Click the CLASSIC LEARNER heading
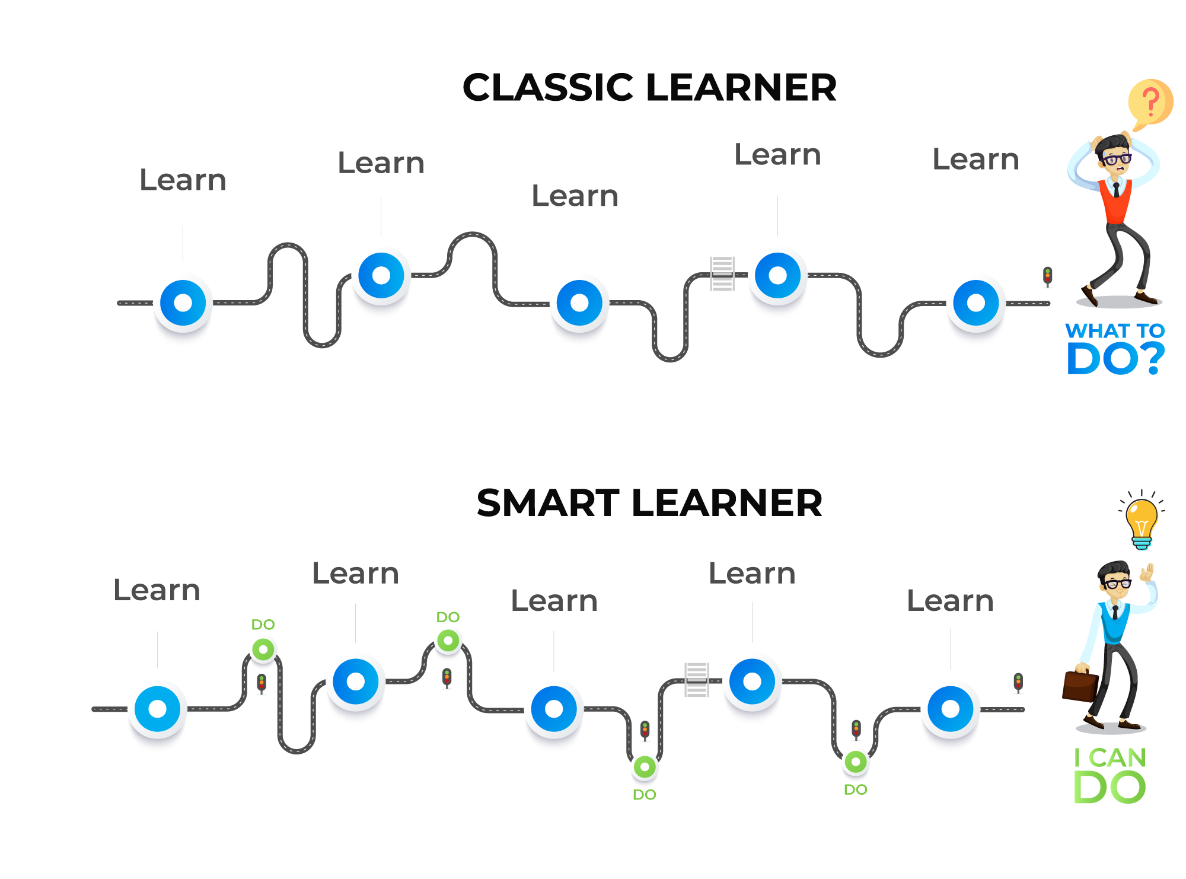[x=649, y=88]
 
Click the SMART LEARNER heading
[x=649, y=504]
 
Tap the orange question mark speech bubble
[x=1150, y=102]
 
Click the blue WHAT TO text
[x=1115, y=331]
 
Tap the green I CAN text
[x=1110, y=758]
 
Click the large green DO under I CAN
[x=1110, y=788]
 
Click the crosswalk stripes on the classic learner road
[x=722, y=274]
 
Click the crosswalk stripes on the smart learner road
[x=697, y=680]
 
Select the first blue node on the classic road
[x=183, y=303]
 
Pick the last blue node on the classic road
[x=975, y=303]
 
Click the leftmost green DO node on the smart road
[x=263, y=649]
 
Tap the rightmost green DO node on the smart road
[x=856, y=762]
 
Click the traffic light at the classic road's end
[x=1048, y=277]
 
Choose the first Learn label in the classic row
[x=183, y=180]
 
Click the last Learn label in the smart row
[x=950, y=601]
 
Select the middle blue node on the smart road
[x=554, y=709]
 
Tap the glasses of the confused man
[x=1117, y=159]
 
